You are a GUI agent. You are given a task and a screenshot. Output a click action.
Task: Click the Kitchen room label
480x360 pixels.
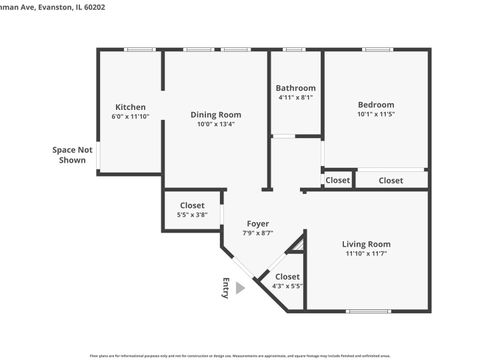tap(130, 107)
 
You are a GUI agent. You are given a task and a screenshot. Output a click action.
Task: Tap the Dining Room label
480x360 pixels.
tap(216, 115)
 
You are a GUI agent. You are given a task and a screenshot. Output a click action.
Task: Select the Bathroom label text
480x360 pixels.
tap(295, 88)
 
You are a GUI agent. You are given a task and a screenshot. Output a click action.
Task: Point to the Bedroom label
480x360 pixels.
tap(376, 105)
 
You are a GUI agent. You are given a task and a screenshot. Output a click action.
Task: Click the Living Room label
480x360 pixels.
tap(366, 244)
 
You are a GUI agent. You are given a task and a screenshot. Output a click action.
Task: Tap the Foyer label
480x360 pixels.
tap(258, 223)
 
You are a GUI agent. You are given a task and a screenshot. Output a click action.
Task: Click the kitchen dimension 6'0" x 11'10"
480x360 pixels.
tap(130, 117)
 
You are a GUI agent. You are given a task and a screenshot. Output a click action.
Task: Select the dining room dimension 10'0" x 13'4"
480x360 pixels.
tap(216, 126)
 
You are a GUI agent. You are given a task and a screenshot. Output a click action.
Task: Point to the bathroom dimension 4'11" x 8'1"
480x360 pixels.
tap(295, 98)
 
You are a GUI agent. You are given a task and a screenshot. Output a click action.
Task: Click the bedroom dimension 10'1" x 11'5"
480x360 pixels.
tap(376, 115)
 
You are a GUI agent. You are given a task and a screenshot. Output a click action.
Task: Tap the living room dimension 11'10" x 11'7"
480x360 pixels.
tap(366, 254)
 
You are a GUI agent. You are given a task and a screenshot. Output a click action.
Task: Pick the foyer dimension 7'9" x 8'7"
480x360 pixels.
tap(258, 233)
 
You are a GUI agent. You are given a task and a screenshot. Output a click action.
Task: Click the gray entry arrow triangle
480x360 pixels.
tap(239, 288)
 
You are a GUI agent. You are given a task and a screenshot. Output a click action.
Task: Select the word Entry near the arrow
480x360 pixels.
tap(226, 287)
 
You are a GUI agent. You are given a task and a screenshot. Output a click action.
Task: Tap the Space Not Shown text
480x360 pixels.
tap(72, 155)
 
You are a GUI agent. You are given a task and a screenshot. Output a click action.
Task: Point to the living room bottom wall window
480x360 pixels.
tap(368, 312)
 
